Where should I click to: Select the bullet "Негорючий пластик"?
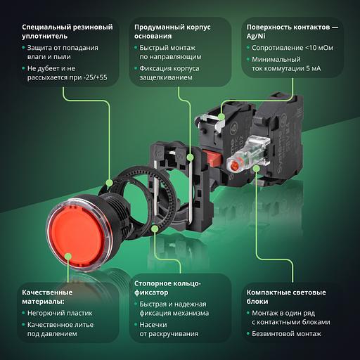(x=60, y=313)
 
